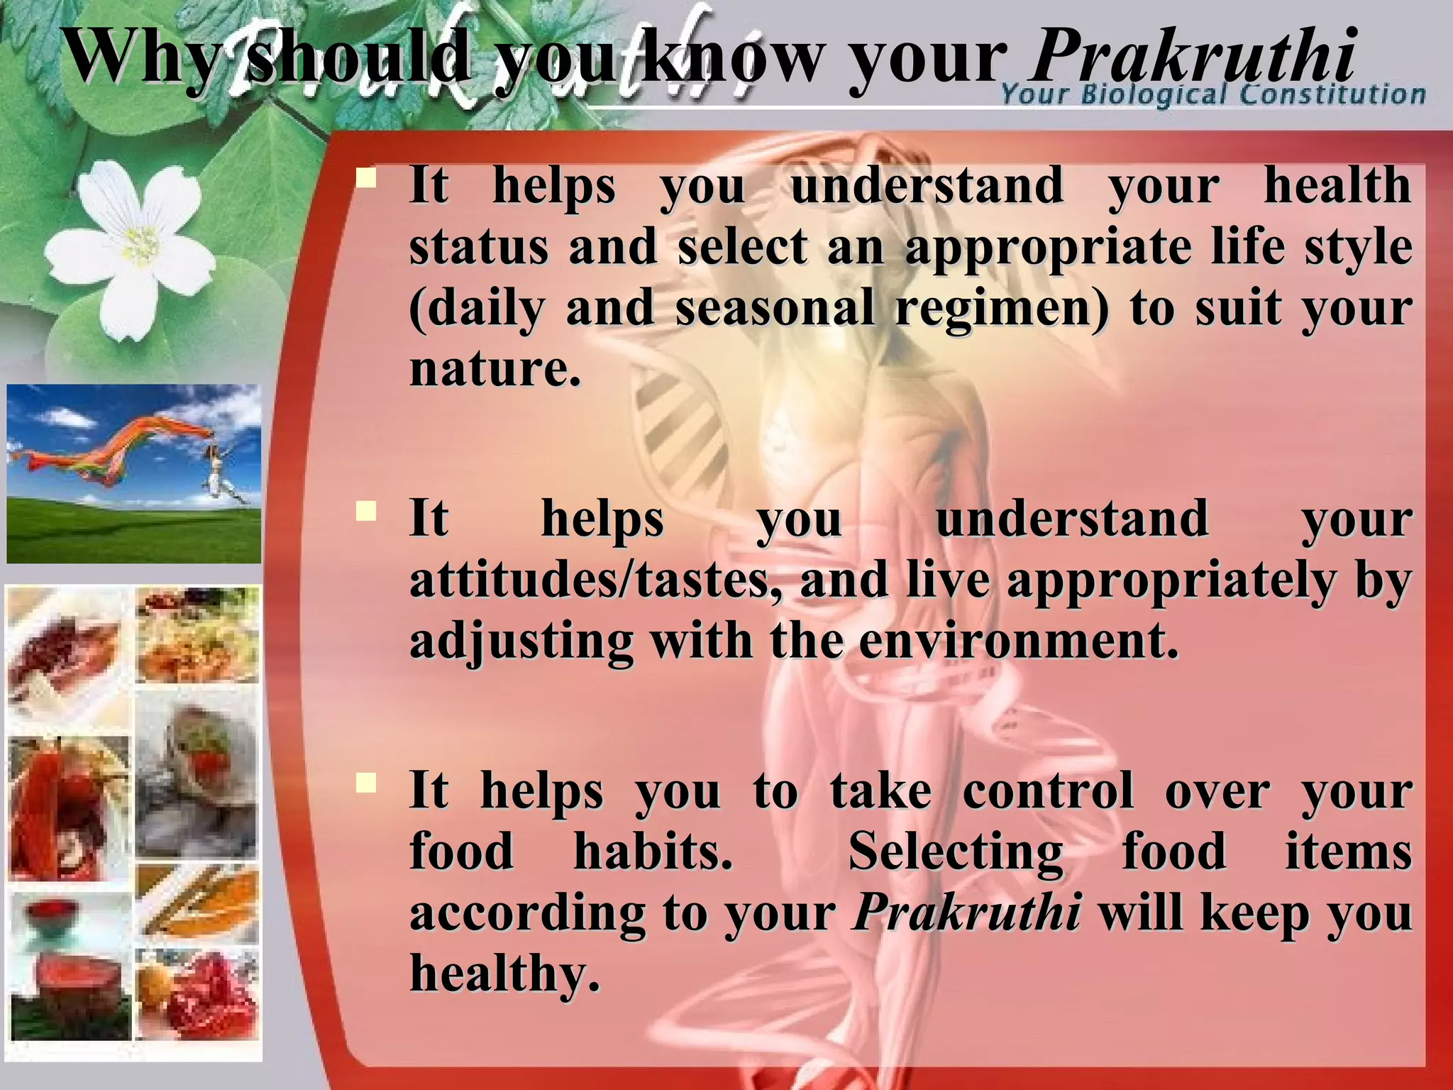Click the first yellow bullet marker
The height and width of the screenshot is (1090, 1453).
click(x=366, y=177)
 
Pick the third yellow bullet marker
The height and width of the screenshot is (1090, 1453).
click(x=366, y=783)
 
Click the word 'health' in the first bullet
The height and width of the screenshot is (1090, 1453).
click(x=1337, y=186)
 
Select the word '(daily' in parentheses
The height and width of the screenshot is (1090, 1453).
click(x=477, y=309)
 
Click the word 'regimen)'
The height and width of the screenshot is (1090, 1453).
click(x=1000, y=309)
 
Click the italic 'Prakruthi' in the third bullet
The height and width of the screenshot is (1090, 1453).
click(x=967, y=913)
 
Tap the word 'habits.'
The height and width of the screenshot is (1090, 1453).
click(x=653, y=852)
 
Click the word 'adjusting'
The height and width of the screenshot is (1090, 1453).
click(x=521, y=641)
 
